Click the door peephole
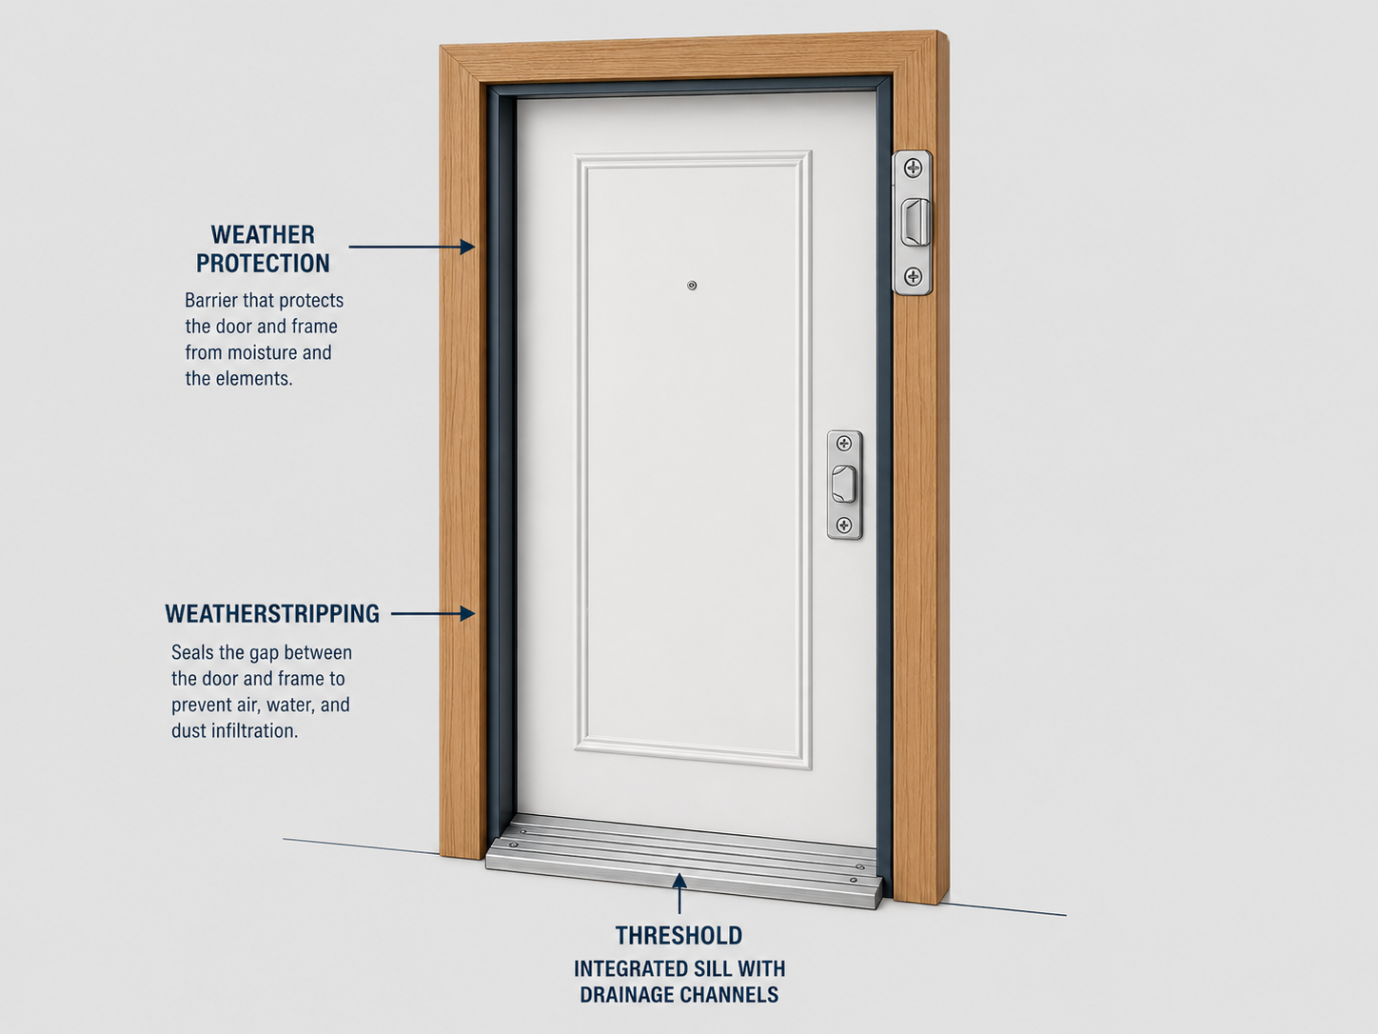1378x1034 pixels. click(692, 286)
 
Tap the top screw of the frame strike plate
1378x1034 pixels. click(913, 169)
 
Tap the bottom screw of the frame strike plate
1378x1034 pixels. click(913, 276)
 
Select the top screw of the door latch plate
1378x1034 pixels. click(844, 444)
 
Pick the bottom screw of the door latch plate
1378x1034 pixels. click(844, 525)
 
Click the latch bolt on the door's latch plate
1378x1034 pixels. click(844, 485)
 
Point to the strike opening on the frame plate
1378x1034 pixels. click(915, 222)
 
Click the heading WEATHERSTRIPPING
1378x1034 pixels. click(272, 613)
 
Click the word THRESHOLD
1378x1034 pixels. click(679, 935)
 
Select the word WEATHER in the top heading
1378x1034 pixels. click(263, 235)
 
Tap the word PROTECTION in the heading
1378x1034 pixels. click(263, 264)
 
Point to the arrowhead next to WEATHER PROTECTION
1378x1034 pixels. click(467, 247)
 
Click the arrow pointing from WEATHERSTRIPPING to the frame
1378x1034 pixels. click(433, 613)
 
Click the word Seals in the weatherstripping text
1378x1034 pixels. click(193, 652)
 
